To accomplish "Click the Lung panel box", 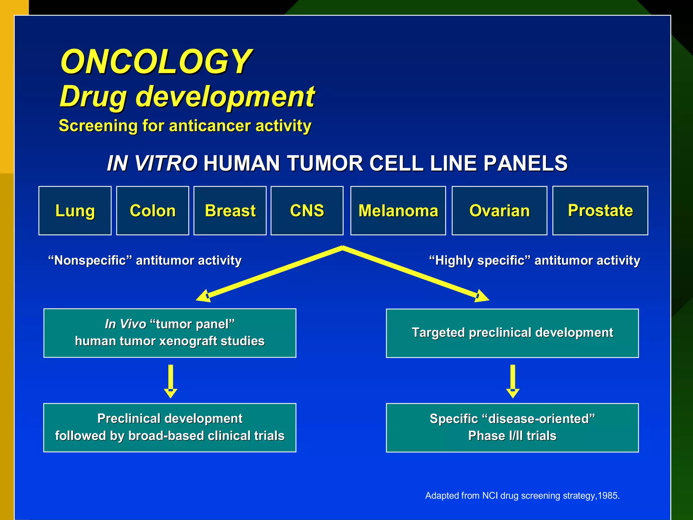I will click(75, 211).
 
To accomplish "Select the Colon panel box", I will click(153, 211).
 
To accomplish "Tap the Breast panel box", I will click(230, 211).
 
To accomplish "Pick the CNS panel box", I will click(307, 211).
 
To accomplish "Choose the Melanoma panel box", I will click(398, 211).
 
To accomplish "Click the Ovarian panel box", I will click(499, 211).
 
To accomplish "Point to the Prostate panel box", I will click(600, 210).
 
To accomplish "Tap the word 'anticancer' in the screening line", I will click(210, 126).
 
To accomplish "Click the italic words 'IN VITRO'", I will click(152, 163).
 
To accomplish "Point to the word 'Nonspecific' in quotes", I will click(90, 260).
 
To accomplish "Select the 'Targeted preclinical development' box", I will click(512, 333).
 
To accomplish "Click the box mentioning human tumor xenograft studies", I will click(170, 333).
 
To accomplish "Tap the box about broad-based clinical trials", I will click(170, 427).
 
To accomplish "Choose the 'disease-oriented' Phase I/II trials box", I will click(512, 427).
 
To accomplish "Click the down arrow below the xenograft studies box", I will click(171, 381).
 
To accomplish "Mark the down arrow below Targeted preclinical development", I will click(513, 381).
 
